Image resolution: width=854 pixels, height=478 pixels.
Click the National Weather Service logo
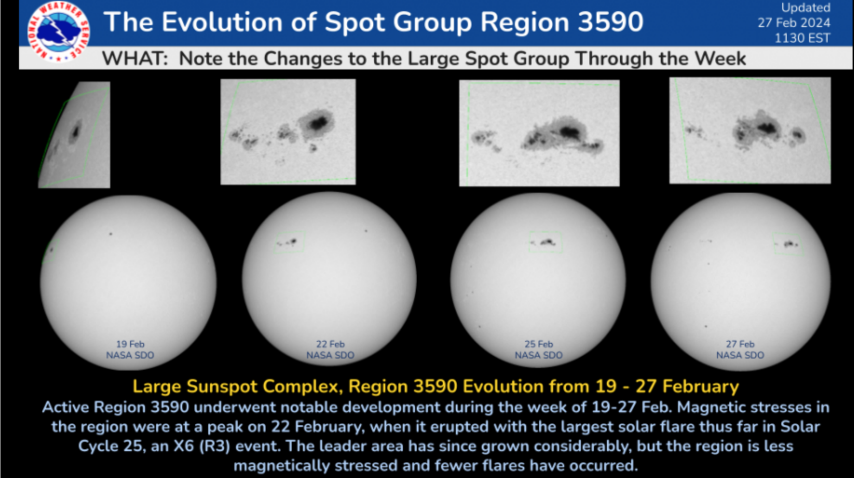click(x=58, y=31)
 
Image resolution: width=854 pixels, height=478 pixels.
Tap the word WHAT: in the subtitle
click(x=135, y=59)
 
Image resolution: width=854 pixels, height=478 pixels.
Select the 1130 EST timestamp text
click(x=802, y=38)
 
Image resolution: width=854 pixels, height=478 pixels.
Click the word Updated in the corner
click(x=805, y=7)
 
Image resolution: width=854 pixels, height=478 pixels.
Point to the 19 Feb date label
click(x=130, y=344)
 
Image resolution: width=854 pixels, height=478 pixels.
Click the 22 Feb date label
click(x=330, y=344)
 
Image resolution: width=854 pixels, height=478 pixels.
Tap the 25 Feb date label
click(x=539, y=344)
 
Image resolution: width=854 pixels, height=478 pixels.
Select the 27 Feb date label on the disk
click(x=740, y=344)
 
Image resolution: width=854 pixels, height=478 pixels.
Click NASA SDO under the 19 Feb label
click(x=130, y=355)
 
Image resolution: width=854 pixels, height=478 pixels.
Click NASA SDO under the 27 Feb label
click(x=740, y=355)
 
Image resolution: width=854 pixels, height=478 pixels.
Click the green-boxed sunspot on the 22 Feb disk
click(x=288, y=242)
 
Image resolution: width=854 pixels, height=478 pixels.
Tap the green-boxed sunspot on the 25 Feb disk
click(x=546, y=242)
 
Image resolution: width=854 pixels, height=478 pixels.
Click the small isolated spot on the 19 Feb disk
click(x=110, y=234)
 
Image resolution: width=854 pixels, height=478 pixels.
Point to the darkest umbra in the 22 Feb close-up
click(x=319, y=123)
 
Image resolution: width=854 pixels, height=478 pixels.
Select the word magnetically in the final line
click(x=282, y=465)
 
